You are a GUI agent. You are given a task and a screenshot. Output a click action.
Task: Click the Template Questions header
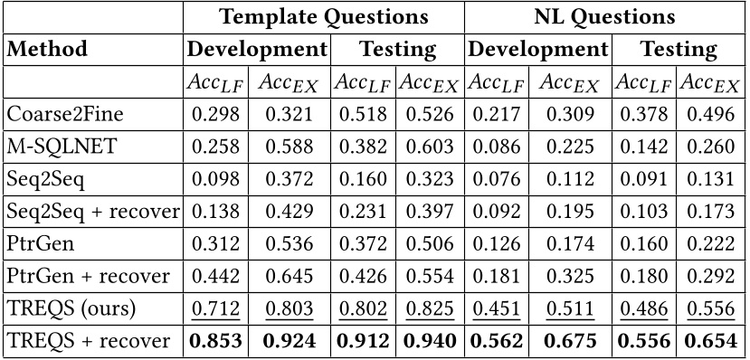[325, 16]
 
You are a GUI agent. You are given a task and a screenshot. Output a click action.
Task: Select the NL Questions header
[604, 16]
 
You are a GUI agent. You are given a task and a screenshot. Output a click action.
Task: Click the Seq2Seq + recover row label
[91, 212]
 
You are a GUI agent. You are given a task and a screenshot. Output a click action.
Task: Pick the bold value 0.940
[428, 342]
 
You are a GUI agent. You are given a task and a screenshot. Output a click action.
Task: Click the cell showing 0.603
[428, 147]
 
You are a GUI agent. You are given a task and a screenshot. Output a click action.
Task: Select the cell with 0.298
[216, 114]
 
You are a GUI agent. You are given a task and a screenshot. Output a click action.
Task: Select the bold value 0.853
[216, 342]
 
